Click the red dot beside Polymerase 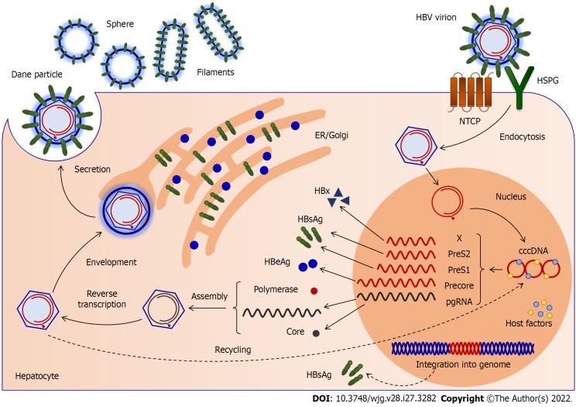pyautogui.click(x=314, y=291)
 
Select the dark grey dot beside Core pyautogui.click(x=316, y=333)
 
